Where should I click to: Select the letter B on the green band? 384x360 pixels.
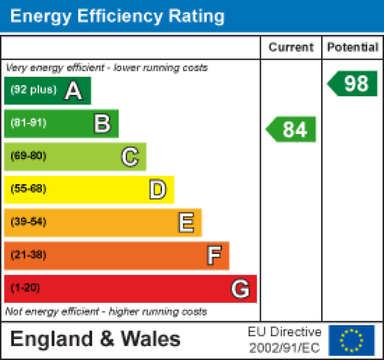point(102,124)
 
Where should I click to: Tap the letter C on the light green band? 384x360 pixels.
point(130,157)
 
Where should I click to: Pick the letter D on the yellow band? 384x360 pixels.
point(158,190)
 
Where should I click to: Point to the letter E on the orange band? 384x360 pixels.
point(186,223)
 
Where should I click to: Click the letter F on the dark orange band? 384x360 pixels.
point(214,256)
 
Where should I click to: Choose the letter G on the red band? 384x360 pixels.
point(240,289)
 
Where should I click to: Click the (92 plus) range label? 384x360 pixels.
point(33,90)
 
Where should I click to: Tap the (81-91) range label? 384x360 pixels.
point(28,123)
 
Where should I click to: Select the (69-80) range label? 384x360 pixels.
point(28,156)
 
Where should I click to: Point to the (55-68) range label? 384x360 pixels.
point(28,189)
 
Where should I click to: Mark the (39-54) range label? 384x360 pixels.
point(28,222)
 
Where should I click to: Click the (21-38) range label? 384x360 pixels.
point(28,255)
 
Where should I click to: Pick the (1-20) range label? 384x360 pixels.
point(25,288)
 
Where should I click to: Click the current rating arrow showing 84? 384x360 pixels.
point(292,130)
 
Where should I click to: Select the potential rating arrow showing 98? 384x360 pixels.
point(353,83)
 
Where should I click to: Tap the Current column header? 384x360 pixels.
point(291,47)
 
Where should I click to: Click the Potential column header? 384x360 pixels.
point(353,47)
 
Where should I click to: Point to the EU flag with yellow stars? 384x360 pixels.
point(352,340)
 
